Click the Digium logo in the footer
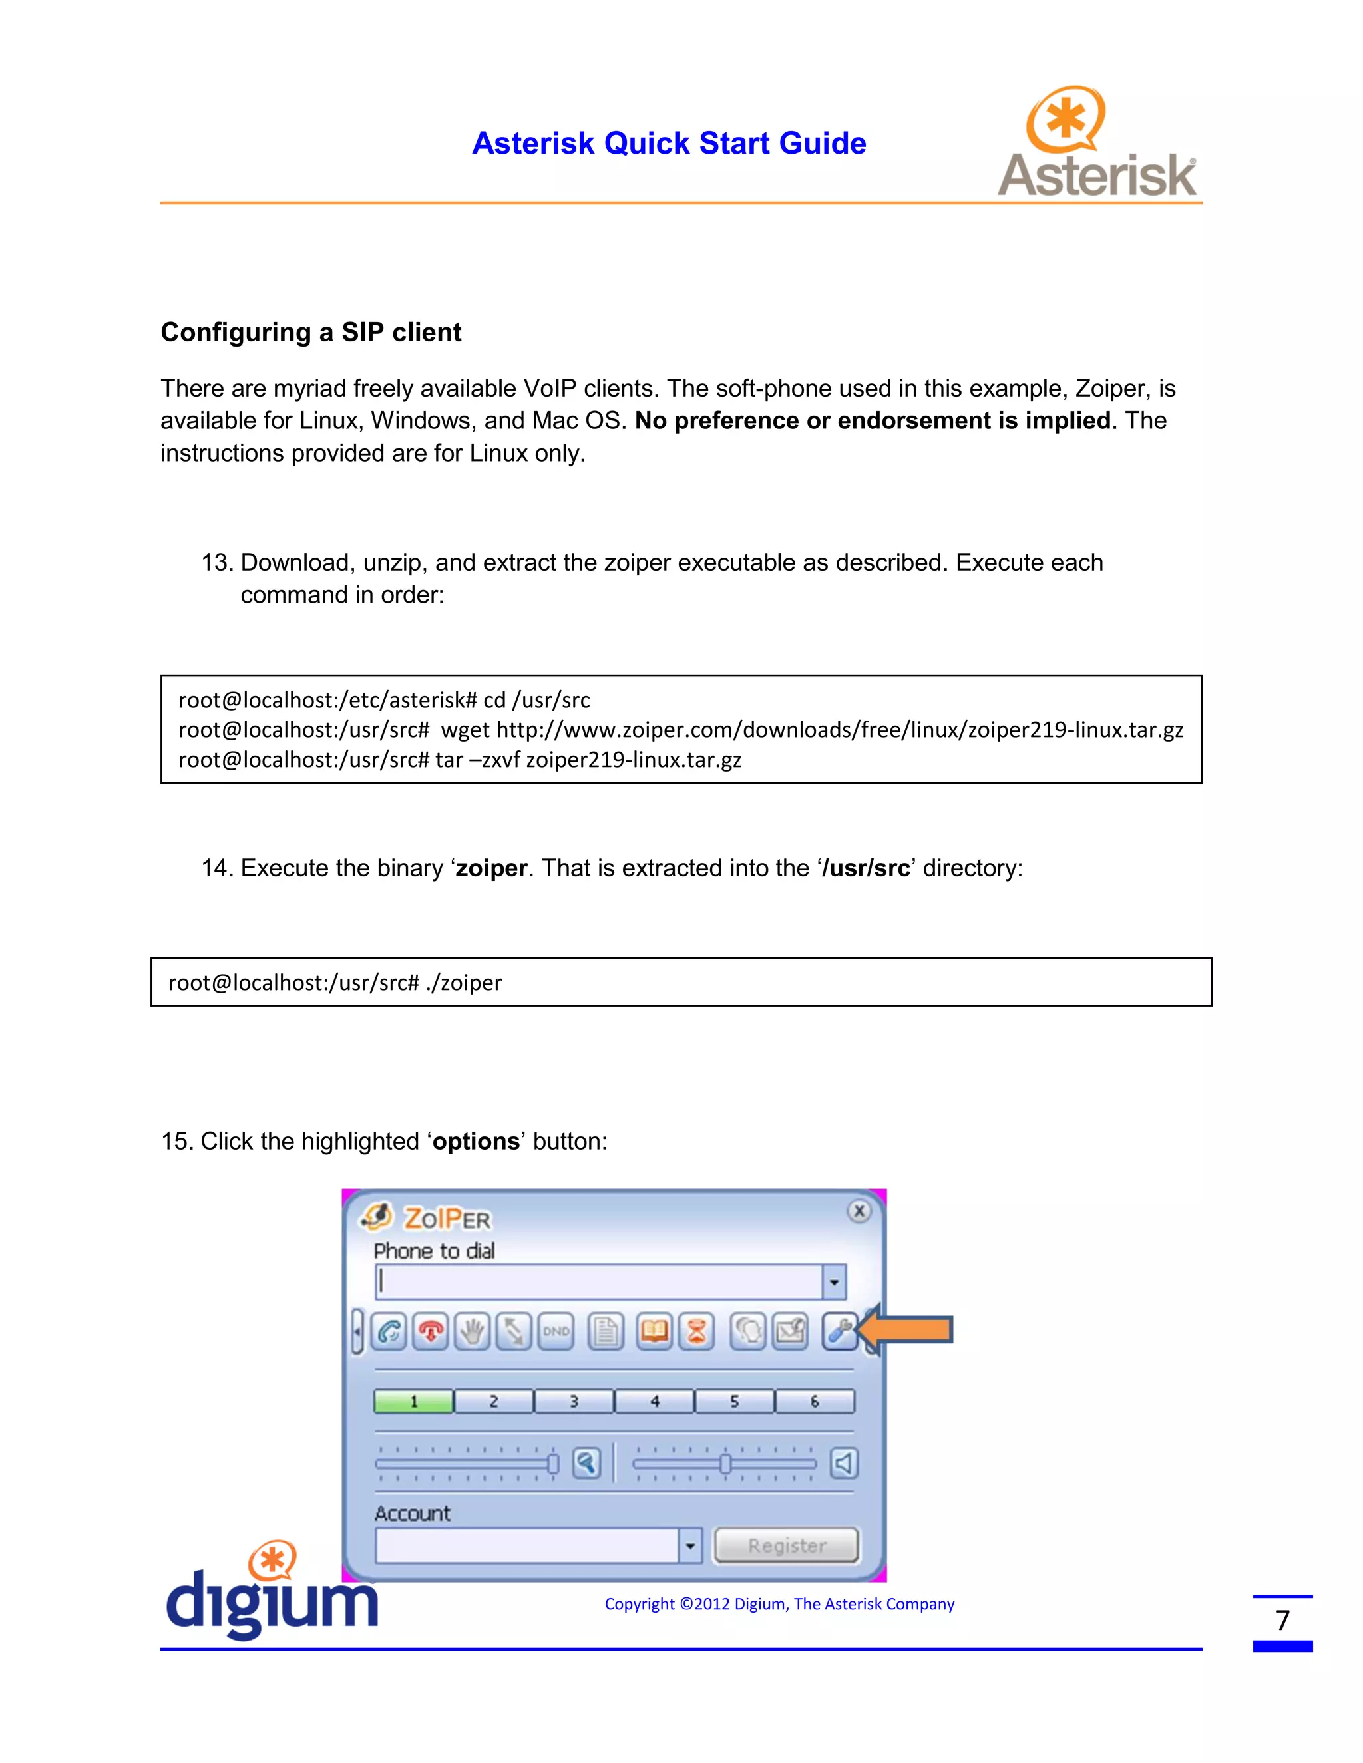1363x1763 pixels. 272,1592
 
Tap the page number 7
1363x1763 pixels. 1282,1620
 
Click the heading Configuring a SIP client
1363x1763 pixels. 311,332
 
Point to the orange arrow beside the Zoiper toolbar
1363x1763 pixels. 906,1329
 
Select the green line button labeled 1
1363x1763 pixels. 413,1401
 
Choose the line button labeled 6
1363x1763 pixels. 814,1401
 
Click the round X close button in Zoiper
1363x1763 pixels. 859,1211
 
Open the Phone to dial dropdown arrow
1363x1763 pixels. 833,1282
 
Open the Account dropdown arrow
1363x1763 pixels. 689,1546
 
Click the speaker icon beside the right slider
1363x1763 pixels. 844,1463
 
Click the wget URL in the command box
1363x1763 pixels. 840,730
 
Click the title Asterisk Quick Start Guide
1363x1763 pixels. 669,143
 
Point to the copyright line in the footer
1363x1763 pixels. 779,1604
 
